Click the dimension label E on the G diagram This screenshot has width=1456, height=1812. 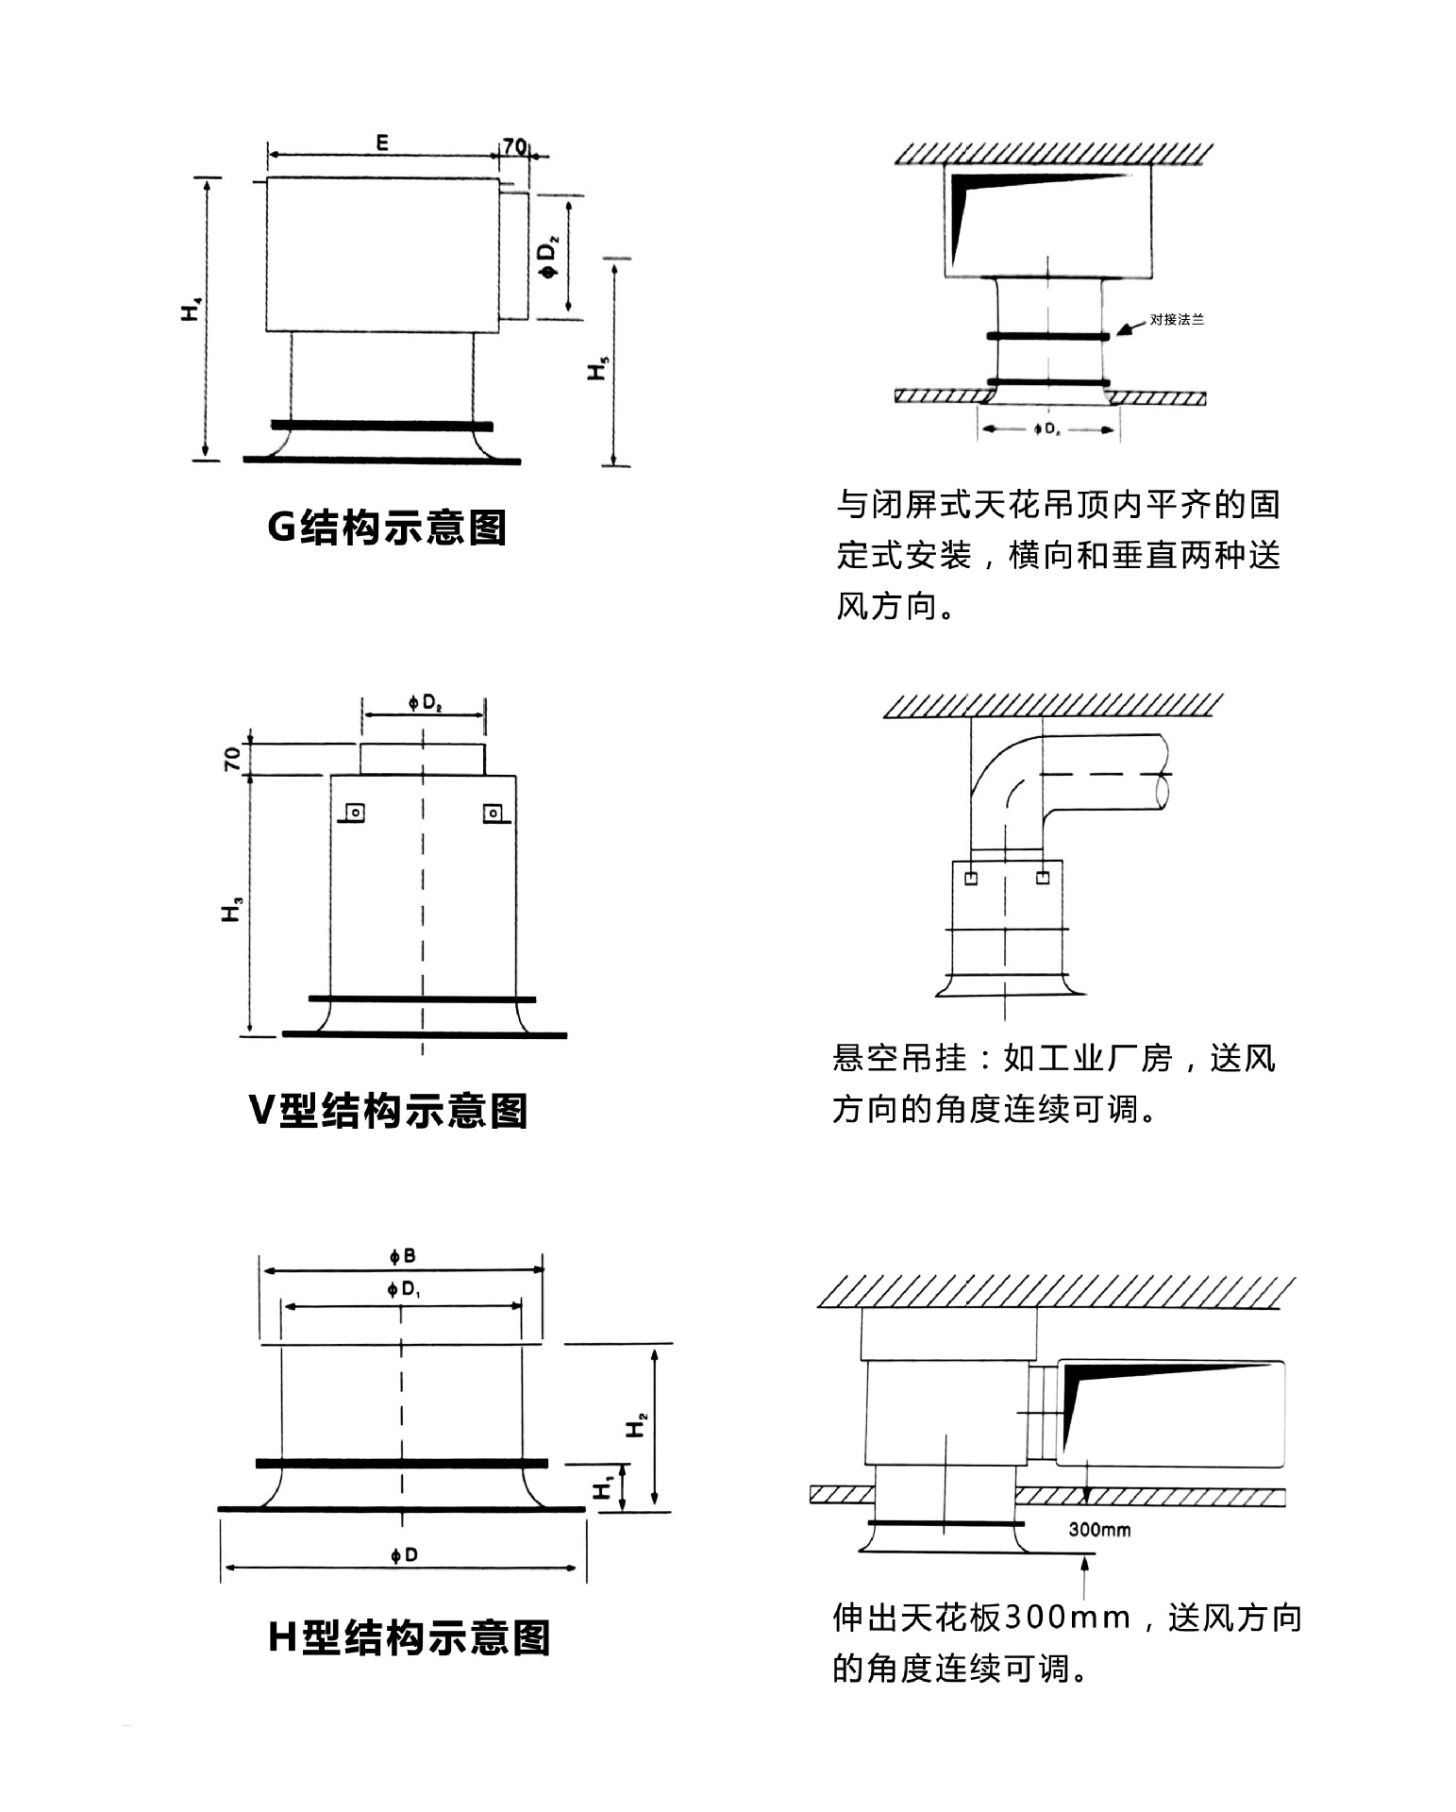382,143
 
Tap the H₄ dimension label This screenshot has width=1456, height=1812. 192,309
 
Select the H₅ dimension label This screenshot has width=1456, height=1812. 598,367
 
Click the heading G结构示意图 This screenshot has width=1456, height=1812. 387,527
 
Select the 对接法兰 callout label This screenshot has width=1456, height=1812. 1177,319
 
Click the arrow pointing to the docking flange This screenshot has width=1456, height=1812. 1130,327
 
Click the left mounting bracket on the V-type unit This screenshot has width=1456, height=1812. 355,813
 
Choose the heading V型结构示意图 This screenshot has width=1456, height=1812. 387,1110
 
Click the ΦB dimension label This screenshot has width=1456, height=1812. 402,1256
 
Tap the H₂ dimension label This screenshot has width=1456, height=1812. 637,1424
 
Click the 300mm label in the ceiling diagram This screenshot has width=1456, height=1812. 1099,1530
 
